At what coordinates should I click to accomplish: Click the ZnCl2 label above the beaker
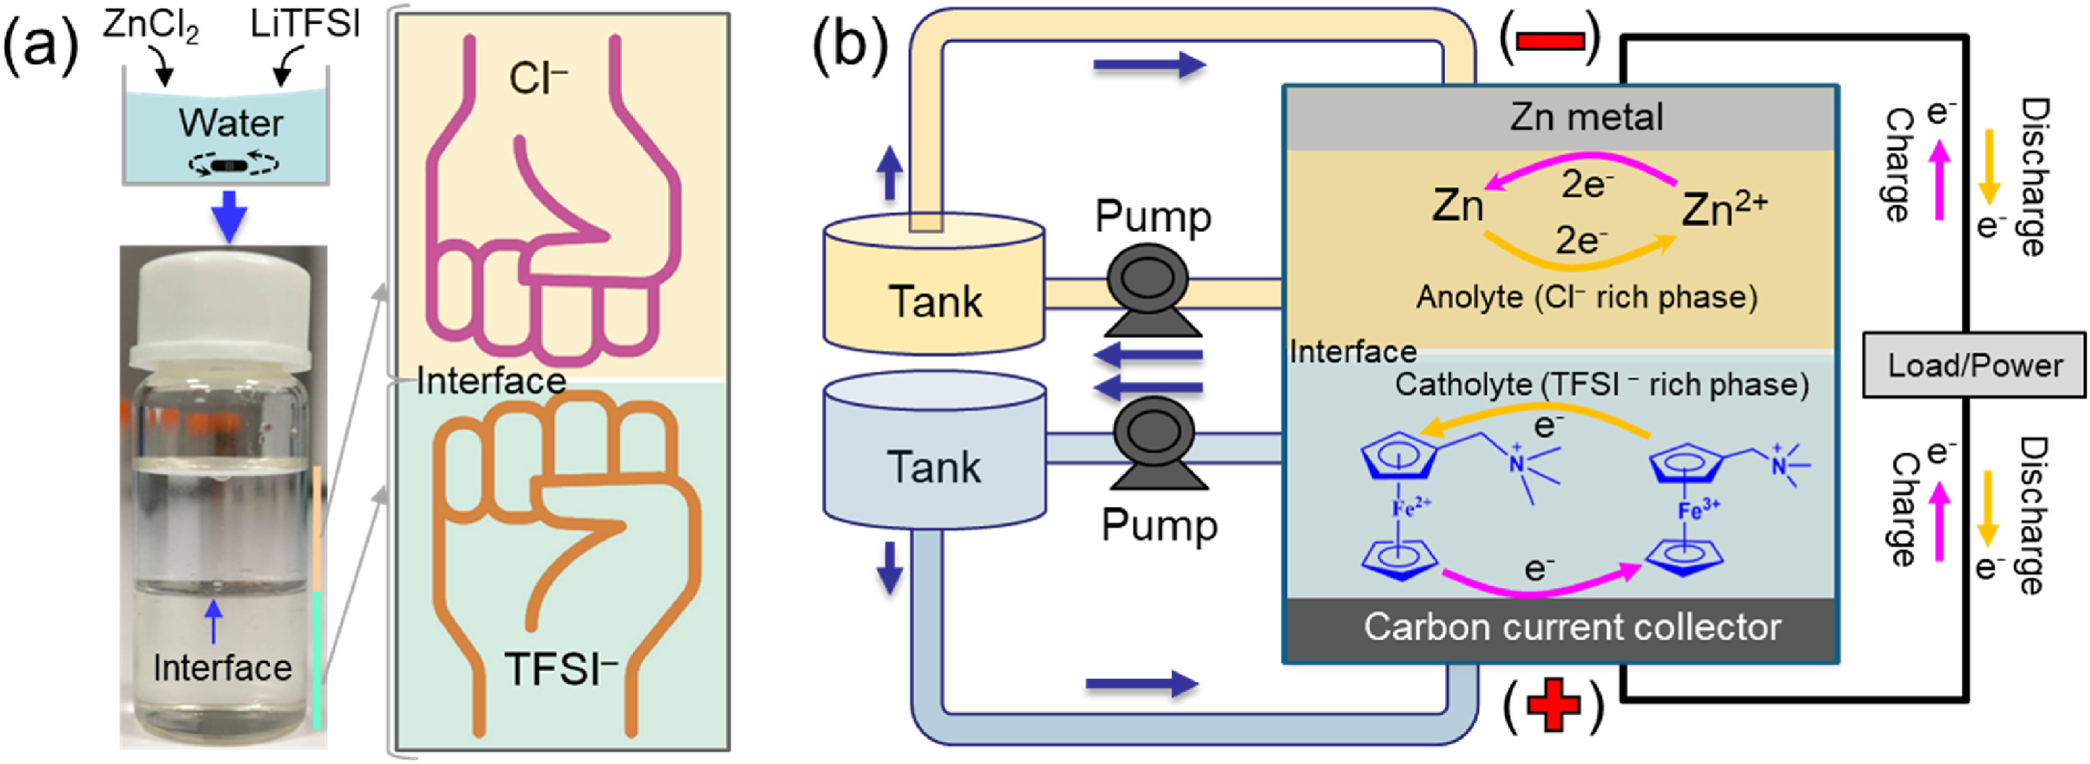(151, 26)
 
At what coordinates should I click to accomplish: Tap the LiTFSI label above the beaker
(305, 25)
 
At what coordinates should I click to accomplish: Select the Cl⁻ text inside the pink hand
(538, 79)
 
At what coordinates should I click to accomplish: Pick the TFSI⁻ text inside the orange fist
(560, 670)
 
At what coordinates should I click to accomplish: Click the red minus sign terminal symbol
(1549, 40)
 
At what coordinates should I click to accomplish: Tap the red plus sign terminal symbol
(1553, 704)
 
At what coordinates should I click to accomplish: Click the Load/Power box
(1974, 365)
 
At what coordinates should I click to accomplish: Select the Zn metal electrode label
(1586, 117)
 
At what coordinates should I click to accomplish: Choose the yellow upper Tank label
(935, 301)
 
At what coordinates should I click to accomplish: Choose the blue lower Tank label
(934, 467)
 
